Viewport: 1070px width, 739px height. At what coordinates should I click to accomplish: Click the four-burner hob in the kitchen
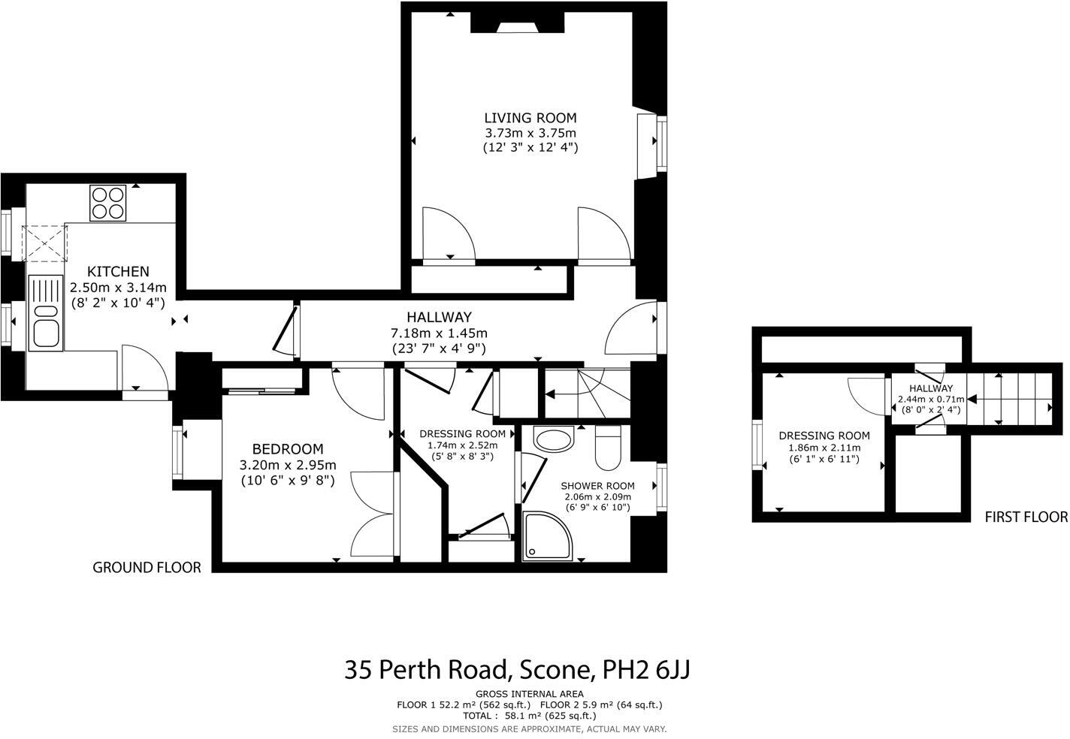coord(107,202)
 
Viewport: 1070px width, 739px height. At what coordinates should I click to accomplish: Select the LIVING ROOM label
coord(530,118)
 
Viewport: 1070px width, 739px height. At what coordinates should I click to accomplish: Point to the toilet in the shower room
coord(608,448)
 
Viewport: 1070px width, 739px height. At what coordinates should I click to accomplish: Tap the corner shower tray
coord(546,536)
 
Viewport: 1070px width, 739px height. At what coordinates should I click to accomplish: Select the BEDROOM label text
coord(287,449)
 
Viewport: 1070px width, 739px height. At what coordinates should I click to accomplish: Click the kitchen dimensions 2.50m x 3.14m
coord(118,288)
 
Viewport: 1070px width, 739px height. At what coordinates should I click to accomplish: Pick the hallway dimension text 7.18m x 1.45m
coord(439,333)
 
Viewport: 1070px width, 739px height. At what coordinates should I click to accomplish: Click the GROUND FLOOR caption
coord(147,568)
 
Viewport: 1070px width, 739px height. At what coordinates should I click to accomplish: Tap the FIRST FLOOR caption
coord(1026,517)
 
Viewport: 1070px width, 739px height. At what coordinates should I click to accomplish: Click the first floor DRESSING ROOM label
coord(824,436)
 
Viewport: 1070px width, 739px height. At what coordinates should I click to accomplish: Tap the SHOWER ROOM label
coord(597,486)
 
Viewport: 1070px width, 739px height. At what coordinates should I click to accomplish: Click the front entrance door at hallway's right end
coord(633,328)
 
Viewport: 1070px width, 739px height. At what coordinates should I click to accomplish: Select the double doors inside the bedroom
coord(373,514)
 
